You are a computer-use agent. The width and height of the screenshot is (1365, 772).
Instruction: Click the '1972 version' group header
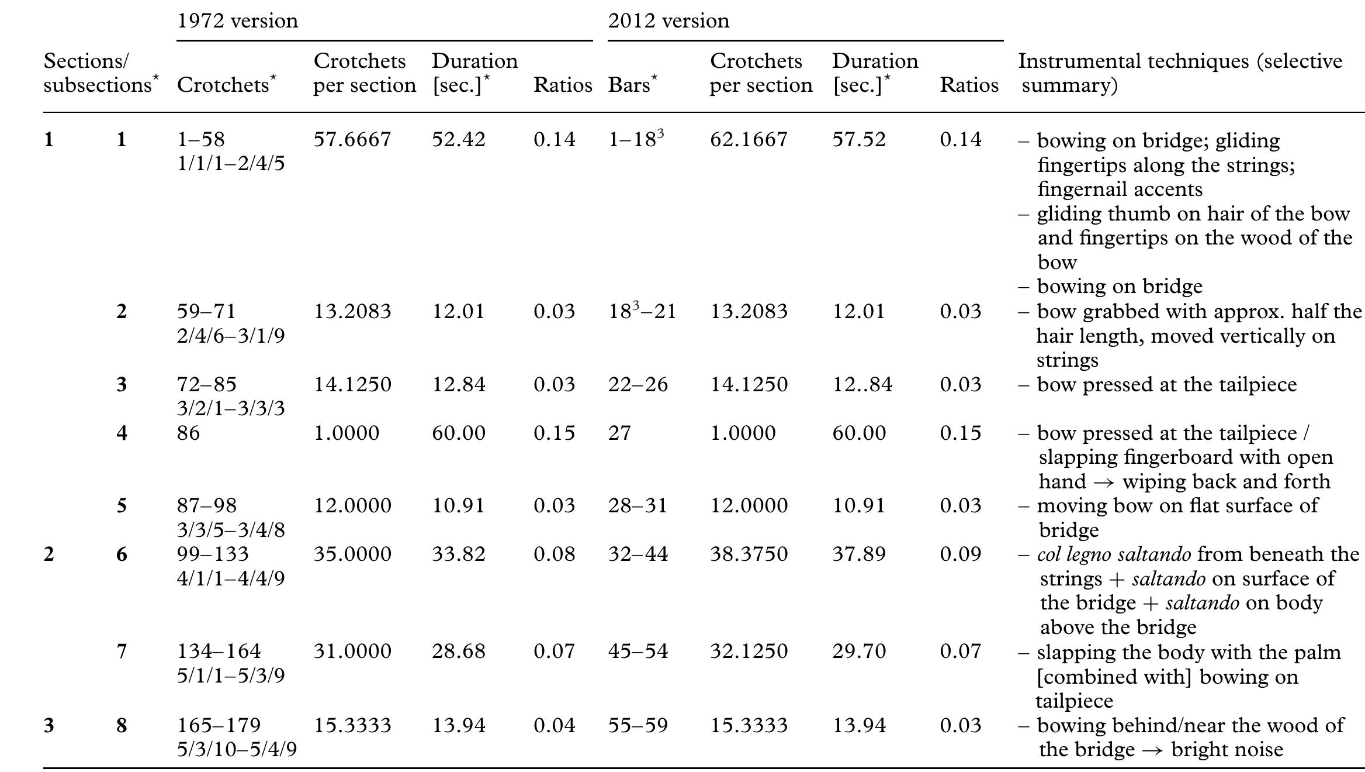tap(237, 21)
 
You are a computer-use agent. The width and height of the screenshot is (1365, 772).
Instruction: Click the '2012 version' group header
tap(668, 21)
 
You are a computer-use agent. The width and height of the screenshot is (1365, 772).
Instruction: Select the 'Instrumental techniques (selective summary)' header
tap(1180, 73)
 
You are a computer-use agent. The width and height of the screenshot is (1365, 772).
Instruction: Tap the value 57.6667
tap(352, 140)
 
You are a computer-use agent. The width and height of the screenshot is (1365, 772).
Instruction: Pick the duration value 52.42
tap(458, 140)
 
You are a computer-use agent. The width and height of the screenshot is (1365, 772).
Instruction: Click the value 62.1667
tap(749, 140)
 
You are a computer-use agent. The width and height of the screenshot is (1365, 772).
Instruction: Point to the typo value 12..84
tap(862, 385)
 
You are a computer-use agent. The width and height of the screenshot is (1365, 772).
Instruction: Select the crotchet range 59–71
tap(206, 311)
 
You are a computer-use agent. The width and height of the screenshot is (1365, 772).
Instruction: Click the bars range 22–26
tap(638, 385)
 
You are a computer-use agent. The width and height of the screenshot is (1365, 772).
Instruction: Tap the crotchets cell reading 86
tap(188, 433)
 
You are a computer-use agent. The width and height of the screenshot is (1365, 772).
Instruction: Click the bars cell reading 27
tap(619, 433)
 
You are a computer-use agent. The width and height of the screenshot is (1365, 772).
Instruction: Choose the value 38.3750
tap(749, 554)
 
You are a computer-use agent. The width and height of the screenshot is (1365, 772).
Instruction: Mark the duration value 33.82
tap(458, 554)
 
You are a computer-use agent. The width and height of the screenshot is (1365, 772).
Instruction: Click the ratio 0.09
tap(960, 554)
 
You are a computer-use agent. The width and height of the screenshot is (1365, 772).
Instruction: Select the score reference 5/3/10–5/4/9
tap(237, 750)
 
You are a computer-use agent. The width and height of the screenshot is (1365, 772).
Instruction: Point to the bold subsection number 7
tap(122, 652)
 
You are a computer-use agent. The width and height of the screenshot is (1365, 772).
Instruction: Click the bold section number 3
tap(49, 726)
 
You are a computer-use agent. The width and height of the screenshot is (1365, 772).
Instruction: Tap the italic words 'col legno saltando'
tap(1114, 554)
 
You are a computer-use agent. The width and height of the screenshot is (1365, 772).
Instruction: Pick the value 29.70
tap(859, 652)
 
